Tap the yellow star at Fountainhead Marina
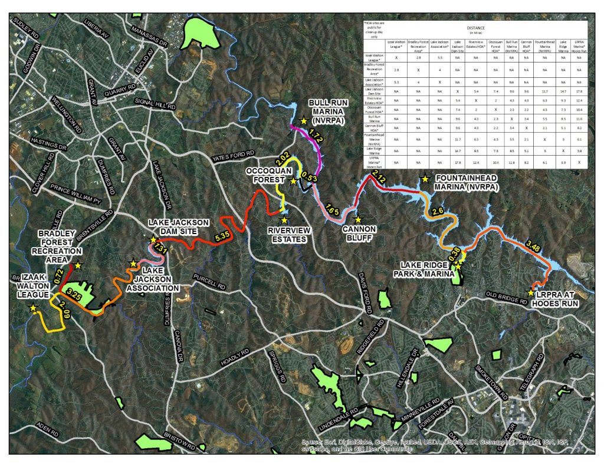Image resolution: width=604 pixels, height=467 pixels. [424, 179]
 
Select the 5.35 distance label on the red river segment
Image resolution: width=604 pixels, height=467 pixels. [223, 236]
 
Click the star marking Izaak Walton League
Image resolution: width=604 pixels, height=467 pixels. [34, 308]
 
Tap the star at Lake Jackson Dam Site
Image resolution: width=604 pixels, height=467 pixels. [153, 240]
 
